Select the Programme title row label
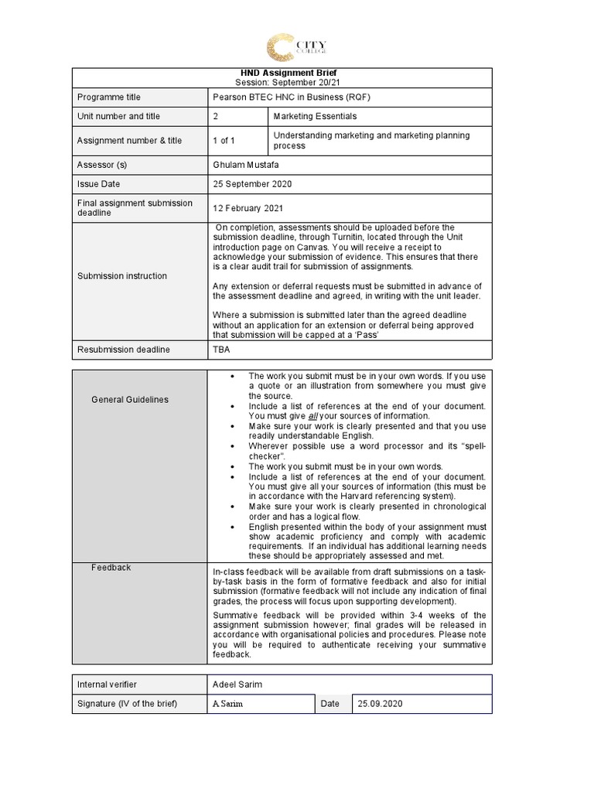[x=108, y=97]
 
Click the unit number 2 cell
[x=216, y=116]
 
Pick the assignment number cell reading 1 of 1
[x=224, y=141]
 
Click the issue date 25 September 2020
[x=252, y=184]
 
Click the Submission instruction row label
[x=122, y=276]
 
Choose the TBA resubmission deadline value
[x=221, y=350]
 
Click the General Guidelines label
[x=129, y=400]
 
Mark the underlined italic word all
[x=312, y=416]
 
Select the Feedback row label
[x=111, y=567]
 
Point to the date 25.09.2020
[x=380, y=704]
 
